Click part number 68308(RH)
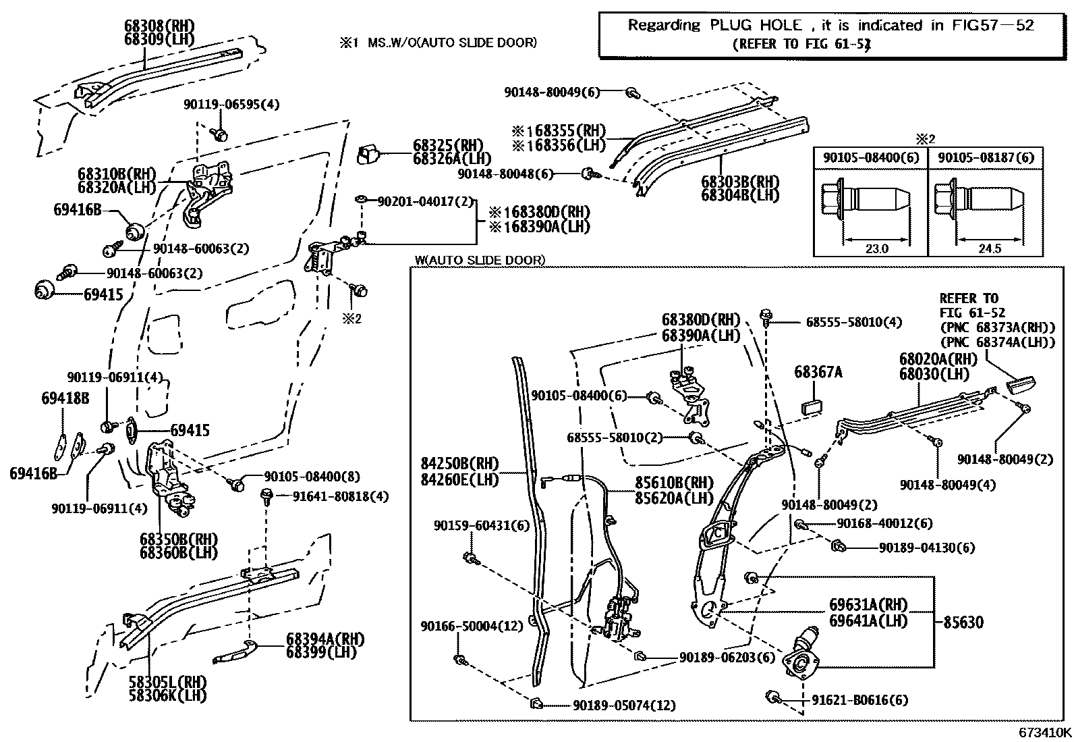tap(159, 26)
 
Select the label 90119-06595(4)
tap(231, 104)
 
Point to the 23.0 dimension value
tap(876, 248)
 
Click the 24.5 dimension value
tap(989, 248)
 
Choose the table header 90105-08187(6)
tap(986, 157)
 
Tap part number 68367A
tap(818, 372)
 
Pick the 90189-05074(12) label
tap(624, 706)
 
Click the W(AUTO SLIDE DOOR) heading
tap(480, 260)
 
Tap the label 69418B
tap(65, 398)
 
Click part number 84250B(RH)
tap(459, 464)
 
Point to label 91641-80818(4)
tap(341, 497)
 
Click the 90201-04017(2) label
tap(426, 201)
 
